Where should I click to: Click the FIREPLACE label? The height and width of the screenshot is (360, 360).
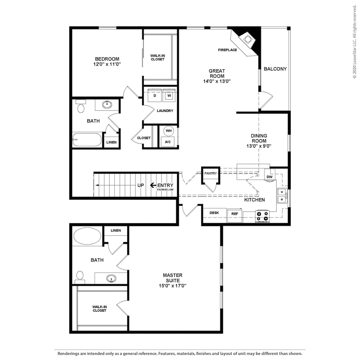point(227,50)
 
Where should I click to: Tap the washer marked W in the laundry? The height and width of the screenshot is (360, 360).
point(169,95)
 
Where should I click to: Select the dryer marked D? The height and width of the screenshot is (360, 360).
point(155,95)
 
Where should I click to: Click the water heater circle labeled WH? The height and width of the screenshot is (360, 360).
point(169,131)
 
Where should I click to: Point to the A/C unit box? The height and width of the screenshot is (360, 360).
point(168,142)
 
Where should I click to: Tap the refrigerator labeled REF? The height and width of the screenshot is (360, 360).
point(235,215)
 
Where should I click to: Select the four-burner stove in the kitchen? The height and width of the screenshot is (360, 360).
point(262,216)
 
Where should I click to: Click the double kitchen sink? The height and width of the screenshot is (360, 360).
point(282,196)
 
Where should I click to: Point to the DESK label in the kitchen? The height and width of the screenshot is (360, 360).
point(214,213)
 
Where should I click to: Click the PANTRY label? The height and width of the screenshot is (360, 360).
point(211,173)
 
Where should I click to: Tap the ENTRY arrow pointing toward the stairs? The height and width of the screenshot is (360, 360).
point(153,185)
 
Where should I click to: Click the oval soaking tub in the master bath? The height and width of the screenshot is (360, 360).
point(87,236)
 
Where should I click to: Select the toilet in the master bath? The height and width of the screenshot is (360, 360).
point(80,277)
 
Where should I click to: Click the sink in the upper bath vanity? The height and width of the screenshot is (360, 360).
point(107,104)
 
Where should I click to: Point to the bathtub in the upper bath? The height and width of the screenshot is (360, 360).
point(87,139)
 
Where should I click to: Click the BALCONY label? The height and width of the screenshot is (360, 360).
point(275,69)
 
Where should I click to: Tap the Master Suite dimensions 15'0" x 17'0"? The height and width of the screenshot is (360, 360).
point(172,286)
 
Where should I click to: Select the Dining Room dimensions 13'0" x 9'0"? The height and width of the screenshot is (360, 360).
point(259,146)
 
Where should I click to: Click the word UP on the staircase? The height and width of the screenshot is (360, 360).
point(141,185)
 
